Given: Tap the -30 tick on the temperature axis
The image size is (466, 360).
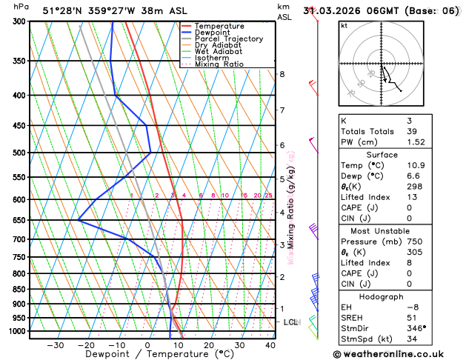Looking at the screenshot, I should pyautogui.click(x=55, y=345).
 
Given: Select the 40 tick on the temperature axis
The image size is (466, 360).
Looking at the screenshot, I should pyautogui.click(x=270, y=345).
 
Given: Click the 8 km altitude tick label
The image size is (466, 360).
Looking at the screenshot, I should pyautogui.click(x=282, y=74).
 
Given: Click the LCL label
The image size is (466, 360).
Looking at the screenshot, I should pyautogui.click(x=290, y=322).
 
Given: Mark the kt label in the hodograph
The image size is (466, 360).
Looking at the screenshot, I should pyautogui.click(x=344, y=25).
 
